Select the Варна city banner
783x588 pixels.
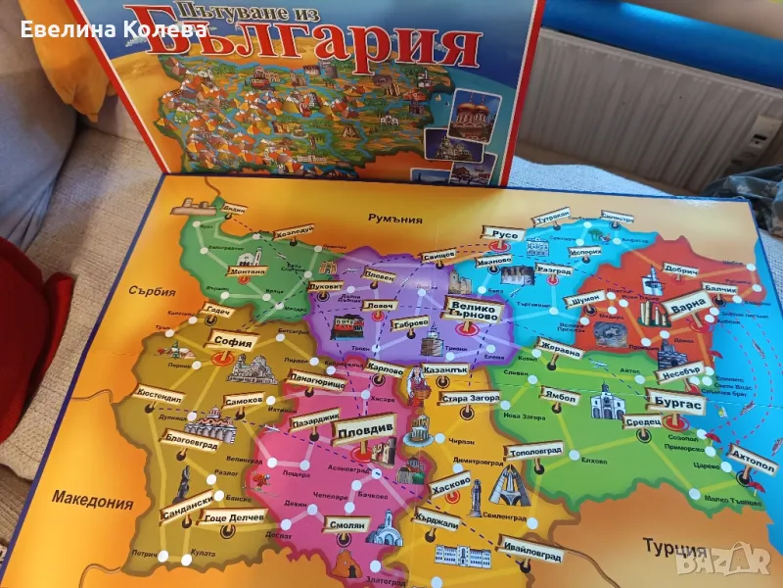click(685, 306)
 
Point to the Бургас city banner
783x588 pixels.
click(675, 402)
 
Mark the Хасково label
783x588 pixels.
click(451, 483)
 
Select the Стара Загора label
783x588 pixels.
click(470, 399)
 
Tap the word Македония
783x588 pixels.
click(94, 503)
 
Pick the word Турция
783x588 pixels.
click(674, 547)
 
